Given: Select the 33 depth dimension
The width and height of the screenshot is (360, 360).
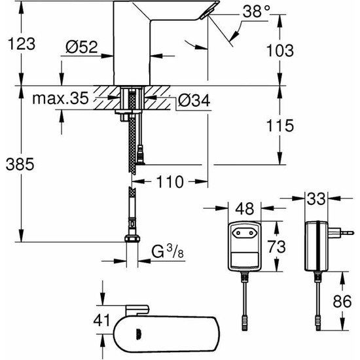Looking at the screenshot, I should tap(318, 197).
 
